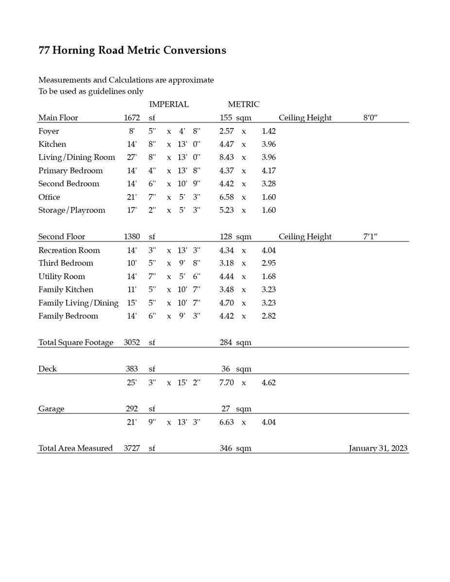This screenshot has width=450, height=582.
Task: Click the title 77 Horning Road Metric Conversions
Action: click(132, 50)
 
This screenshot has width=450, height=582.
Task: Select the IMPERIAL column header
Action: click(168, 104)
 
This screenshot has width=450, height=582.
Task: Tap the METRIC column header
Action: click(244, 104)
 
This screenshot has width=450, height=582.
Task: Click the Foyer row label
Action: click(49, 131)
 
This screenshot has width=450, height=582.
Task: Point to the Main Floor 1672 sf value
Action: click(132, 118)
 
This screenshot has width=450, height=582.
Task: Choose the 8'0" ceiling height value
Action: click(370, 118)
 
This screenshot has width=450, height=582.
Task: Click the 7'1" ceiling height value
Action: click(370, 237)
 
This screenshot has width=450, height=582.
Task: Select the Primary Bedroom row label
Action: click(70, 171)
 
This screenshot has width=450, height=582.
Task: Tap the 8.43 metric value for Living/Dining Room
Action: click(227, 158)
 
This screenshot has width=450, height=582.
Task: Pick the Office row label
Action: click(49, 197)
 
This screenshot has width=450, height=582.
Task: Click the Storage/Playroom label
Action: click(72, 210)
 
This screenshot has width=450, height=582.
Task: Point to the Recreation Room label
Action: click(69, 250)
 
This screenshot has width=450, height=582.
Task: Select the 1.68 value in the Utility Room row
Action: click(268, 276)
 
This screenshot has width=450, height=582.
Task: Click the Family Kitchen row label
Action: click(66, 290)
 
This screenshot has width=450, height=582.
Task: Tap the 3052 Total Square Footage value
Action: click(132, 342)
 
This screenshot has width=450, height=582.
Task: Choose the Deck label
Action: click(48, 369)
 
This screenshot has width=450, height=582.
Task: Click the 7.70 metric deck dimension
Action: click(227, 383)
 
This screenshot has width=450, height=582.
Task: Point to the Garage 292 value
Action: click(132, 409)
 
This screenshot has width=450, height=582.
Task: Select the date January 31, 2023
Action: click(378, 448)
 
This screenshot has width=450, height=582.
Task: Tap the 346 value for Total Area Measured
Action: click(226, 448)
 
